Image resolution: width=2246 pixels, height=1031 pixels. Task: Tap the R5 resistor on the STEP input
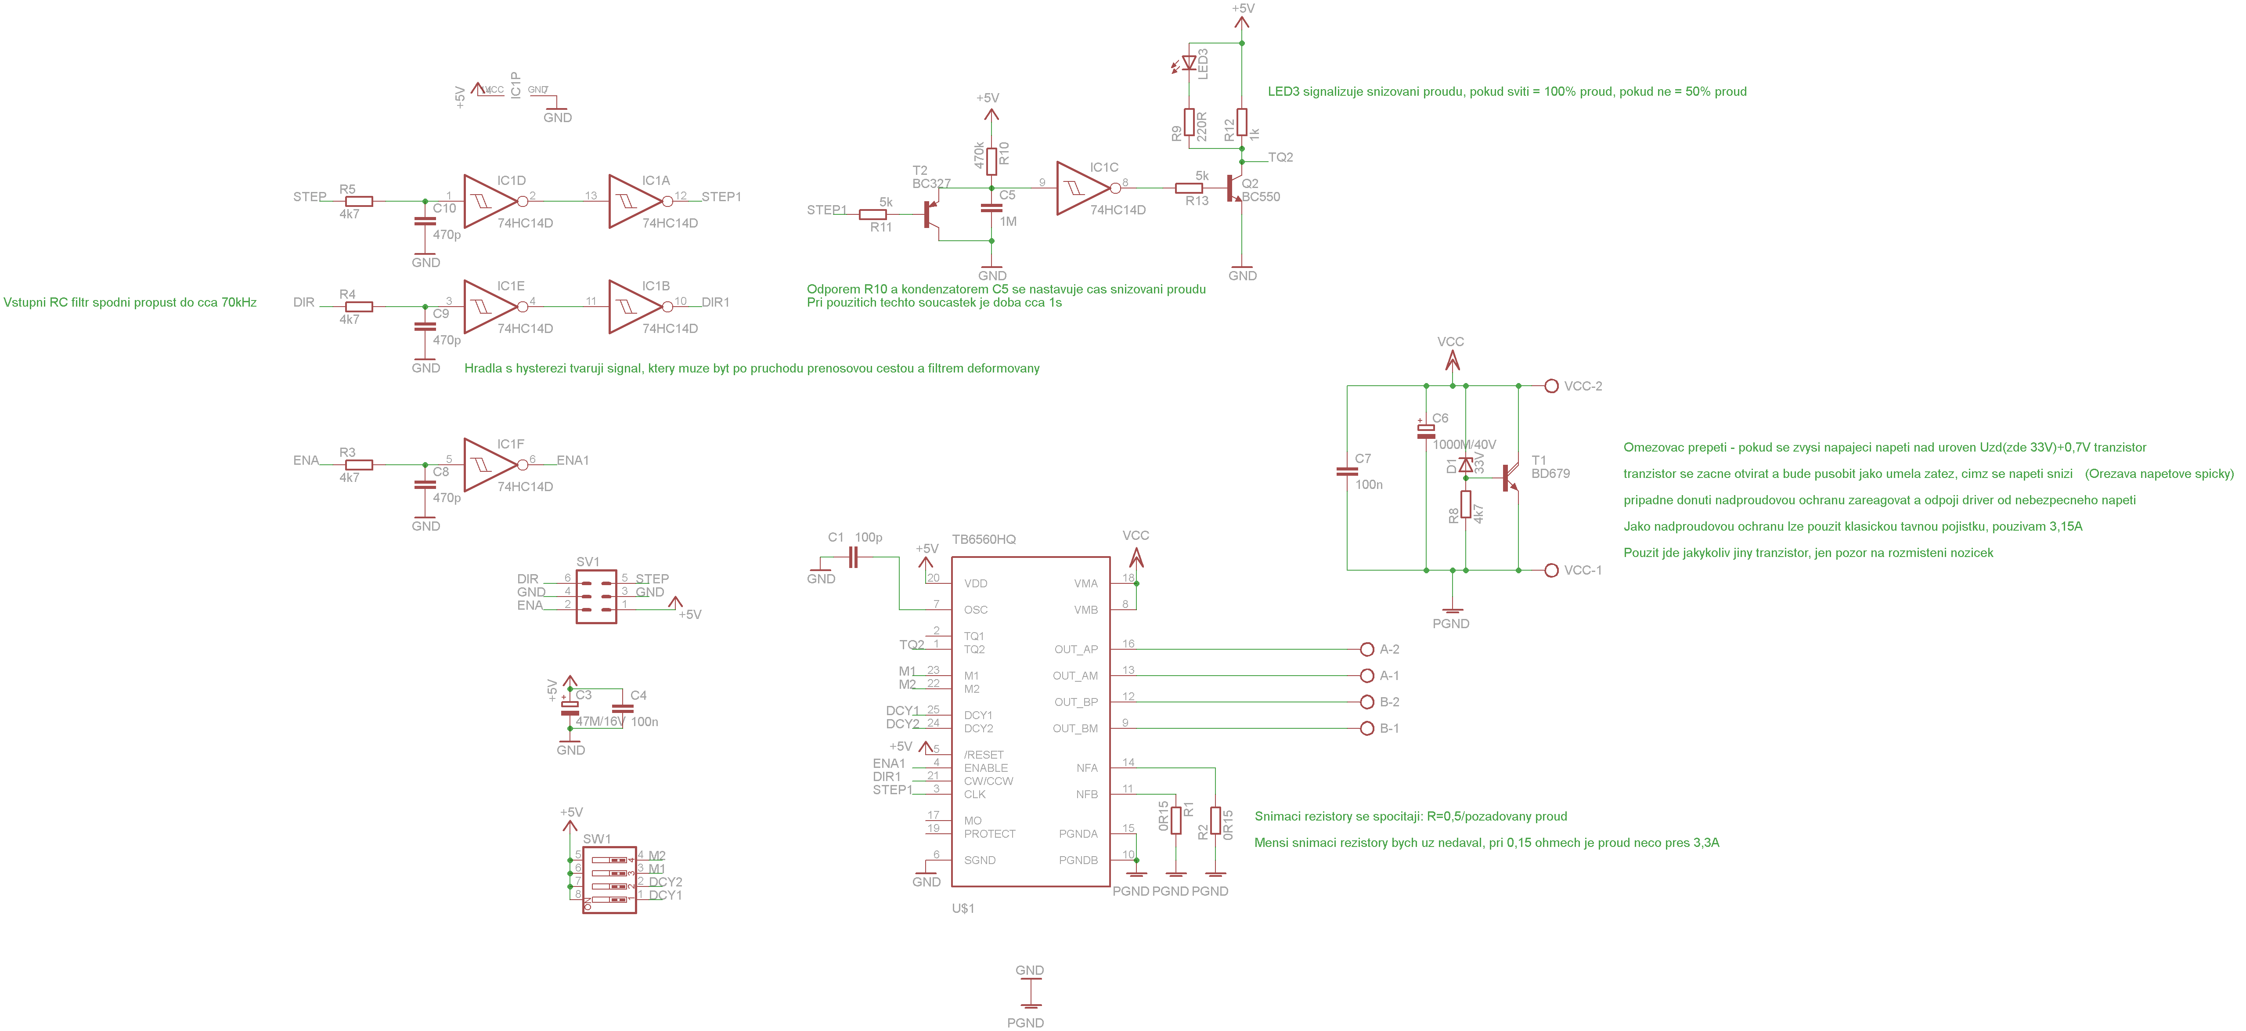pos(359,202)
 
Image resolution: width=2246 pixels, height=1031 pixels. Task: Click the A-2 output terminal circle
pos(1366,649)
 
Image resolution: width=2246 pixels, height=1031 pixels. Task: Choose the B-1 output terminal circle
pos(1366,728)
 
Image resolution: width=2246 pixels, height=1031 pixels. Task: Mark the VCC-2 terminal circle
pos(1551,386)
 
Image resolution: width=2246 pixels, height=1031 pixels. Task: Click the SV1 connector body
pos(596,597)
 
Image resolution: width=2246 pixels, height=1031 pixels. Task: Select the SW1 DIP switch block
pos(609,879)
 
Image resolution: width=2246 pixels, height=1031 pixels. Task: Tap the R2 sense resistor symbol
pos(1215,821)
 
